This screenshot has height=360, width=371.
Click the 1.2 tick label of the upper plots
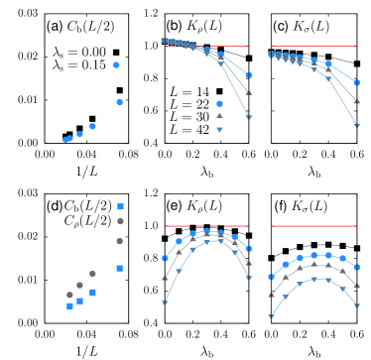click(257, 13)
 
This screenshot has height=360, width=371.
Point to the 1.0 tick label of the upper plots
click(257, 46)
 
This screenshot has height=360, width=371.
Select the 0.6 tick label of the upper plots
click(257, 110)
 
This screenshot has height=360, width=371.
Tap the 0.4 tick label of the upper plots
click(257, 143)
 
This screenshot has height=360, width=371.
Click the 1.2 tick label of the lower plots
click(257, 192)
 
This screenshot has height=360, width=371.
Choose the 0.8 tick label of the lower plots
click(257, 258)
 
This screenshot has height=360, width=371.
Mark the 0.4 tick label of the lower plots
click(257, 322)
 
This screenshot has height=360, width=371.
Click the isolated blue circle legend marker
click(219, 103)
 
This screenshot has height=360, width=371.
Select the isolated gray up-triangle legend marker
click(219, 116)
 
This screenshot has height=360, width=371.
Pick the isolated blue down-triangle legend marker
click(219, 130)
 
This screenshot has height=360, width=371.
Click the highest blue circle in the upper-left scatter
click(117, 64)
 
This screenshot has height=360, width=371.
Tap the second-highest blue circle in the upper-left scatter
click(120, 102)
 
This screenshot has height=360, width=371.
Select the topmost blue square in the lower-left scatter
click(120, 206)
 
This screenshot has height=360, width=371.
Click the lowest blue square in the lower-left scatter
click(69, 306)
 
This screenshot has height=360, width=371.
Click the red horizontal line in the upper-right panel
click(312, 47)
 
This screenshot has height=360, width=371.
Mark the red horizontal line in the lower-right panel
click(312, 226)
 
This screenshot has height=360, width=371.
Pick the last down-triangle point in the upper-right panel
click(357, 125)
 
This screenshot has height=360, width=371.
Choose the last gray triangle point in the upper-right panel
click(357, 101)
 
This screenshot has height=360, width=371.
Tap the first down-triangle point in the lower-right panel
click(271, 316)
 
